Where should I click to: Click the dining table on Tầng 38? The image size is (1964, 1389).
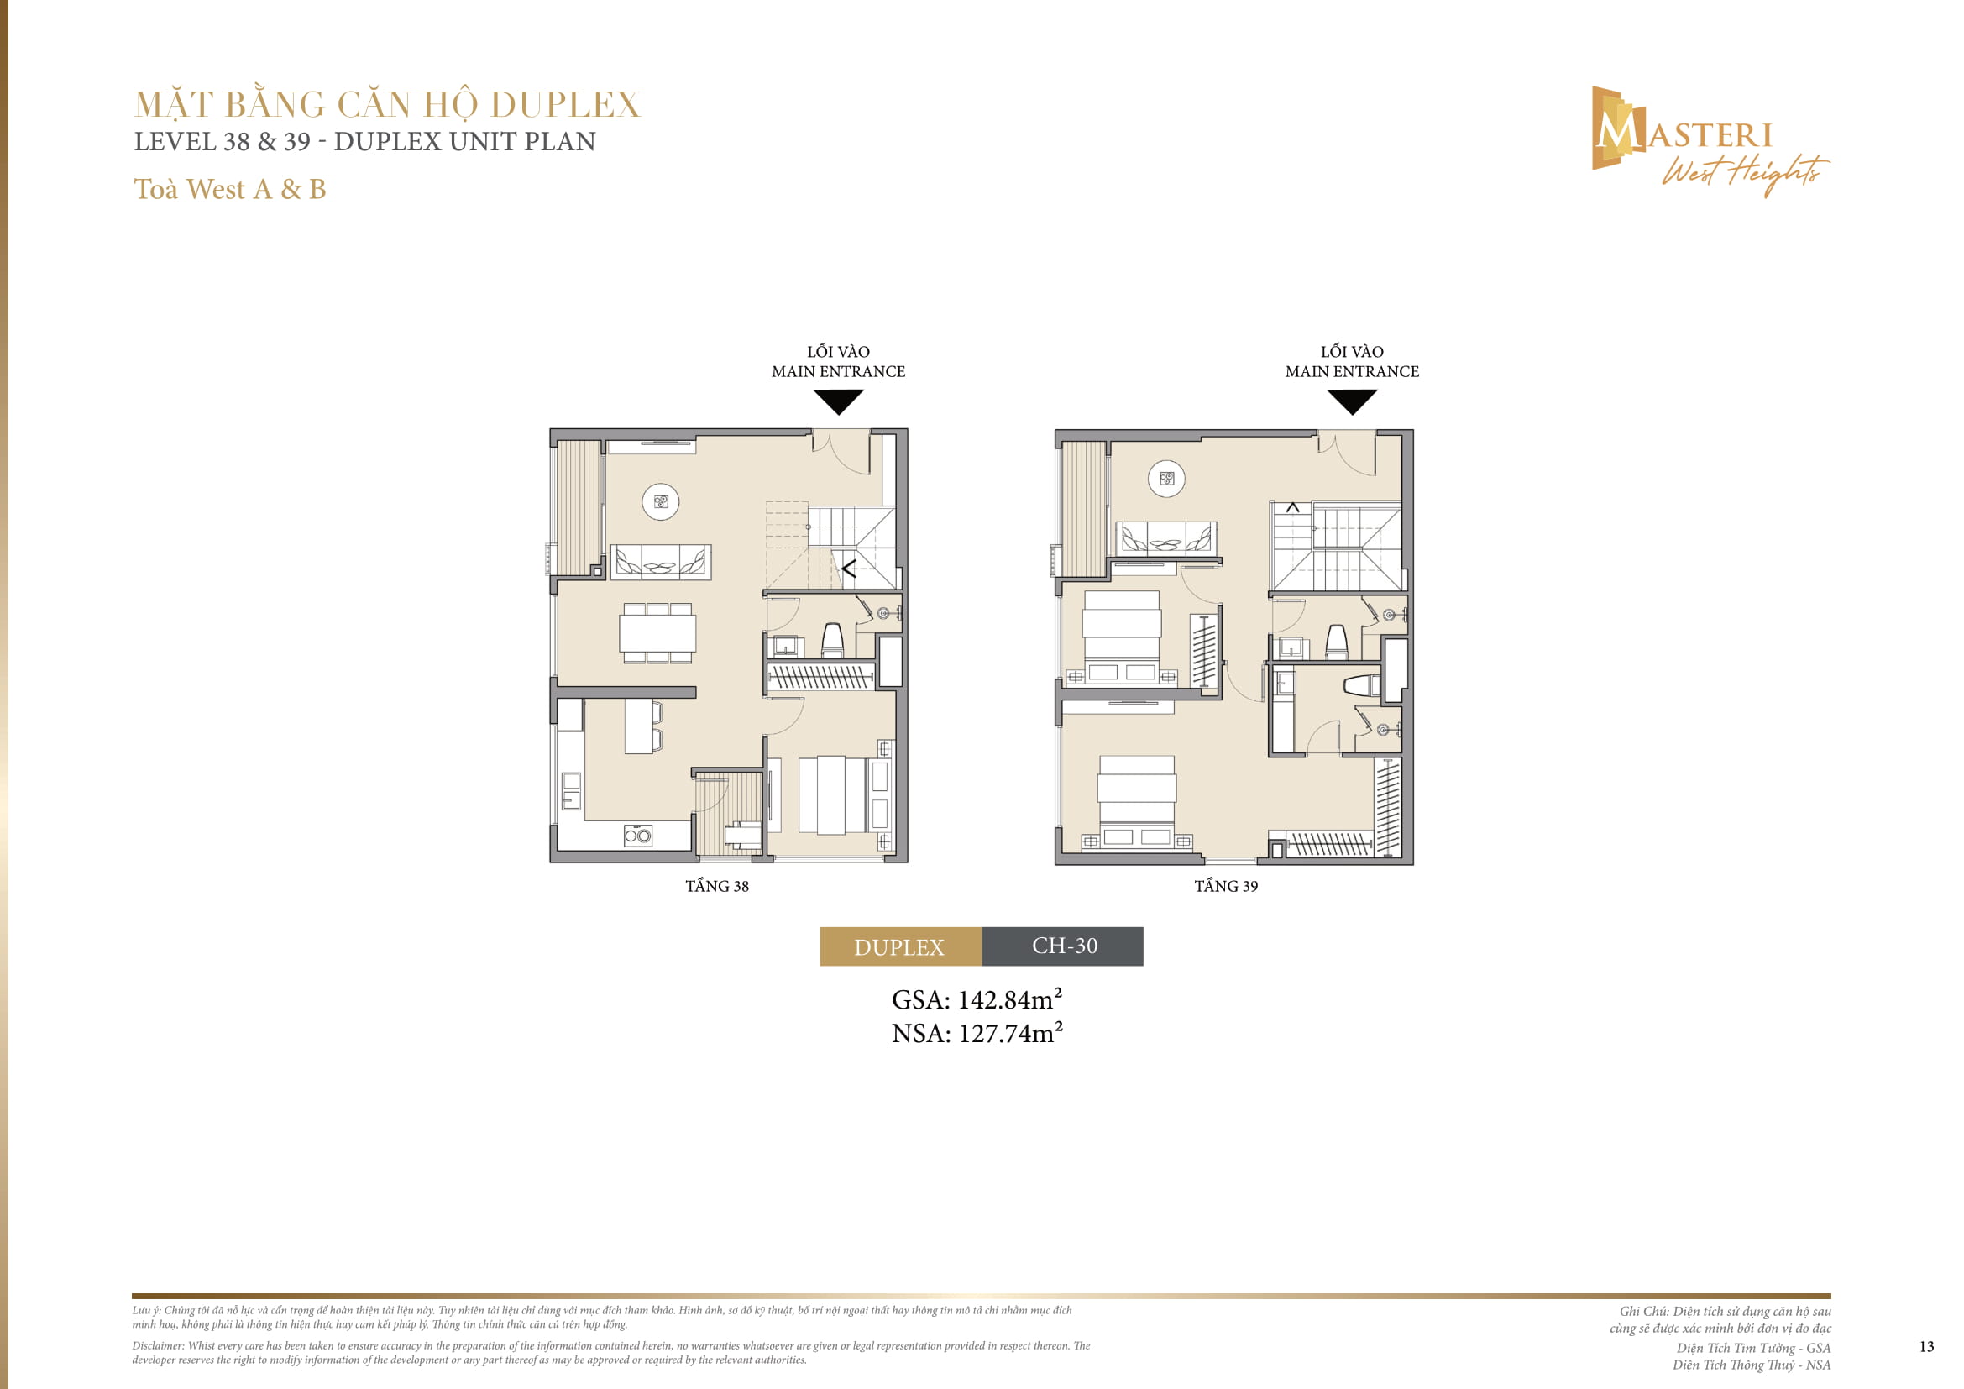point(657,634)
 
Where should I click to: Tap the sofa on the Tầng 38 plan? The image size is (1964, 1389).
point(660,562)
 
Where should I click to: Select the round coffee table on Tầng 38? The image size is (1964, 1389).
point(660,502)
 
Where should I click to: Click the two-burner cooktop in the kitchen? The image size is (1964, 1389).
point(637,836)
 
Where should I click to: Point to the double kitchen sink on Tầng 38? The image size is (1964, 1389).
point(570,791)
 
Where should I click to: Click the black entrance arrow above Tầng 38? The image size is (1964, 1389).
point(838,401)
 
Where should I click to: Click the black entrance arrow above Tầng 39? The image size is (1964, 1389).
point(1352,401)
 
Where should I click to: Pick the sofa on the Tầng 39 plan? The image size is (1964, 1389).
point(1167,539)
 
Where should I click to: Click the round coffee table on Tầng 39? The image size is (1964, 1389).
point(1167,479)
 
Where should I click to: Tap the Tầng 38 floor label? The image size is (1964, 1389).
point(717,886)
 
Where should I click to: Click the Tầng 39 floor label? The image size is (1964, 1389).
point(1226,886)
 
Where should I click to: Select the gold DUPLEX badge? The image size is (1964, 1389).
point(900,946)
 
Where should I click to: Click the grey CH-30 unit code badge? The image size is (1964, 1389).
point(1063,946)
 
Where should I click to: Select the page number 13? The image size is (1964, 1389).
point(1926,1346)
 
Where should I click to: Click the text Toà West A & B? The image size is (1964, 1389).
point(230,189)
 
